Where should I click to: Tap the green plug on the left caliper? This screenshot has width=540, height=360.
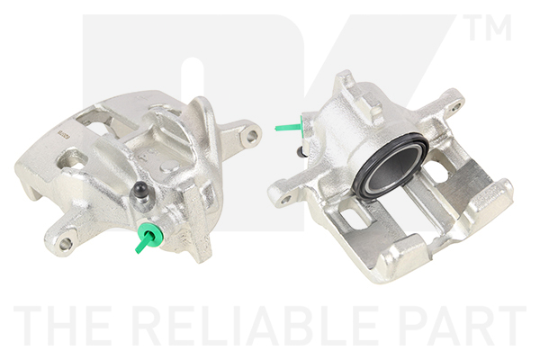click(x=148, y=238)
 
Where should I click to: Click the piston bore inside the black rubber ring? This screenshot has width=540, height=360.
click(x=391, y=167)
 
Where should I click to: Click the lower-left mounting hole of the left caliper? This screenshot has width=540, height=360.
click(x=65, y=244)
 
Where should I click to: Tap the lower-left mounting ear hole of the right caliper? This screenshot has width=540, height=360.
click(x=285, y=199)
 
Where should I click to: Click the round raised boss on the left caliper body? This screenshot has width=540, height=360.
click(x=170, y=166)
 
